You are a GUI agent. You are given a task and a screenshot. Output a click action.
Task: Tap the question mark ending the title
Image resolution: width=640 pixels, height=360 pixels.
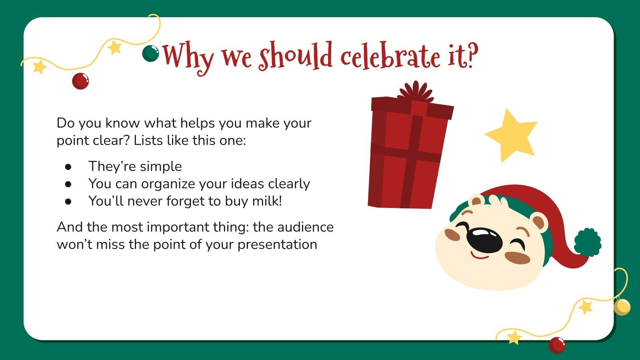coord(471,56)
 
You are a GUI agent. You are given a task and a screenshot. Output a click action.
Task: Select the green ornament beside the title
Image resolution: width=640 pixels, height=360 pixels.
coord(150,53)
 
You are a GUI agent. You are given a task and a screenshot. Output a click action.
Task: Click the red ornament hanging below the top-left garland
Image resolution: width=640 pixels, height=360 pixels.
coord(80,81)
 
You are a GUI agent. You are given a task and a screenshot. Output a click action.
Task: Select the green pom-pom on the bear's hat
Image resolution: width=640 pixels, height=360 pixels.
coord(588,242)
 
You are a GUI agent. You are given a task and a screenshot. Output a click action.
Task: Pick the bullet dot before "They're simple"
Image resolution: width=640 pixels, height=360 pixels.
coord(68,166)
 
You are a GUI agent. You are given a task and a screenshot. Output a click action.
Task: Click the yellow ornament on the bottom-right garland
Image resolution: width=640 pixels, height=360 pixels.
coord(622,307)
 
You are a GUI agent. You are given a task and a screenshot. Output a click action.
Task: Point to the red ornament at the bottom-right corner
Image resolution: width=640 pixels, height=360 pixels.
coord(557,344)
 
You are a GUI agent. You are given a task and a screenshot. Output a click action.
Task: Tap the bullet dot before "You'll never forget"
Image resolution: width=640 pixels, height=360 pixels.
coord(68,201)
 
